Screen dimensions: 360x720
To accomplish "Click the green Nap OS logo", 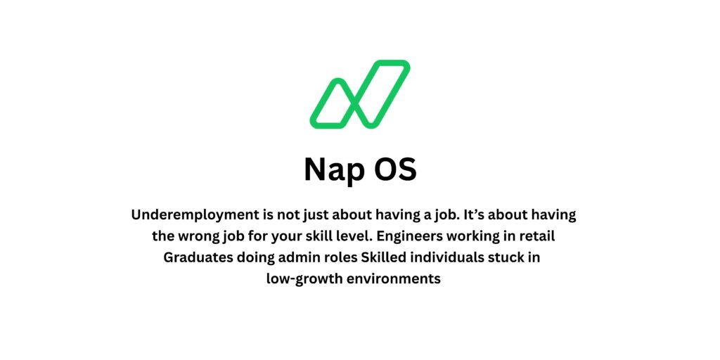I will coord(359,95).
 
